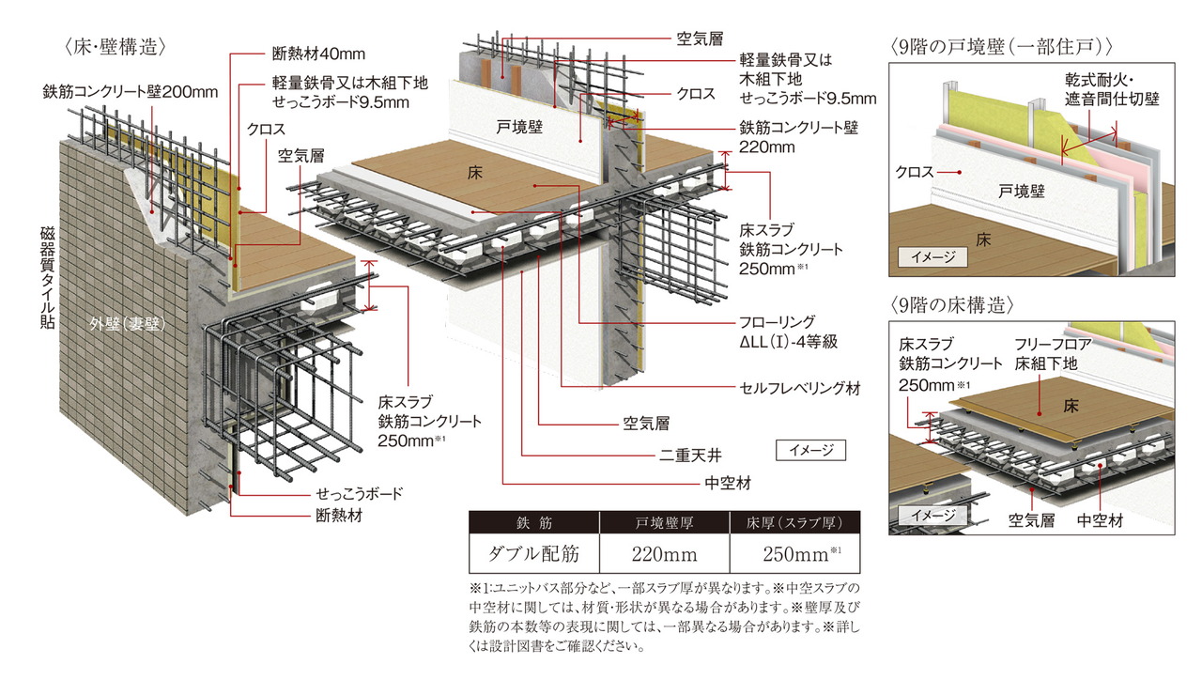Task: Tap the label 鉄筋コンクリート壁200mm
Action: (130, 92)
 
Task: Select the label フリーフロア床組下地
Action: (1053, 353)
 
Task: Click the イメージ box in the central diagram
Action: (809, 450)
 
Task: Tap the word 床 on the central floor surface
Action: (475, 172)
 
